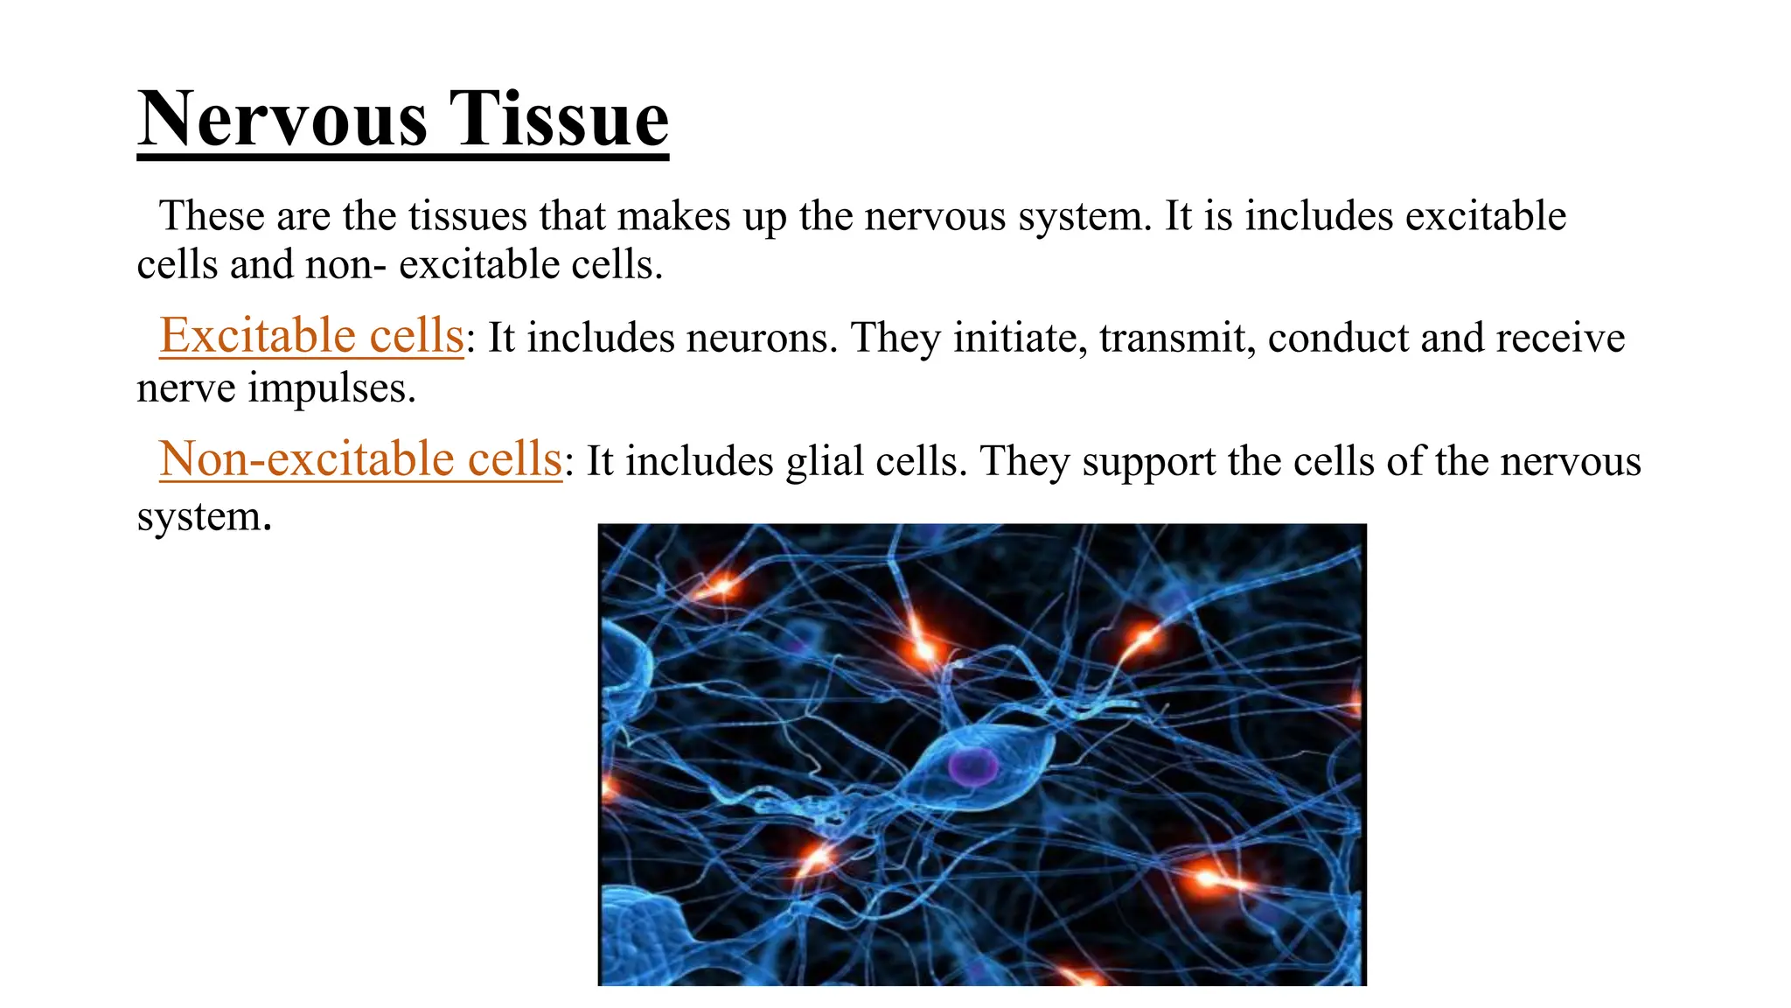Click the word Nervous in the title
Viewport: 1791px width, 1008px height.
(x=282, y=120)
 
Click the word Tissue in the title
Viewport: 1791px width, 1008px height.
(x=559, y=120)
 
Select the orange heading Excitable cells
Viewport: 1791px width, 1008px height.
(x=310, y=336)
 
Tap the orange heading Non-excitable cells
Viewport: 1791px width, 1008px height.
(x=359, y=459)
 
